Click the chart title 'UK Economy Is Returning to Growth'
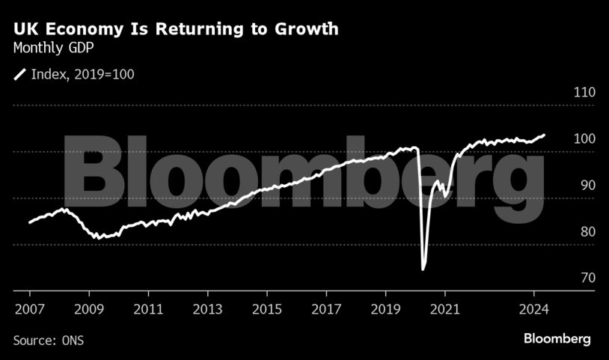pos(176,30)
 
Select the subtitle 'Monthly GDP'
pos(55,49)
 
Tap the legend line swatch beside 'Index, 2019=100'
pos(19,73)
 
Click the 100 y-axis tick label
pos(563,139)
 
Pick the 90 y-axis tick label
pos(566,186)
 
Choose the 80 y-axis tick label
pos(566,232)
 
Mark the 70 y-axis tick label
pos(566,278)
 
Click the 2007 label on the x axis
pos(29,308)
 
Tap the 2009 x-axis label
pos(89,308)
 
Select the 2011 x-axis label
pos(148,308)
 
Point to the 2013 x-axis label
pos(207,308)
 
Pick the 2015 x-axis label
pos(266,308)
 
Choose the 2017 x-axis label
pos(326,308)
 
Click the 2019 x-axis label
pos(385,308)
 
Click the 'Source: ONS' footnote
pos(49,341)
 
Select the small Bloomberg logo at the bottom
pos(557,339)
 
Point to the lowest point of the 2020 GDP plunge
pos(423,268)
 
